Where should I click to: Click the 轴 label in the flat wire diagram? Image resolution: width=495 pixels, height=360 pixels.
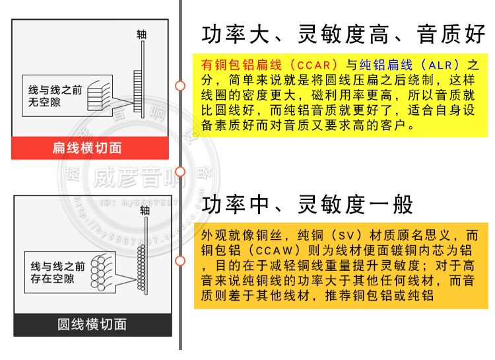[x=141, y=34]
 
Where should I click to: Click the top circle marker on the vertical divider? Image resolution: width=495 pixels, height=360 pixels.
[x=180, y=86]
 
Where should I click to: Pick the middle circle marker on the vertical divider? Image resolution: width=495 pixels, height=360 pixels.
[x=180, y=172]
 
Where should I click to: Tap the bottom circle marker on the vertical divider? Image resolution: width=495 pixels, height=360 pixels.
[x=180, y=260]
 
